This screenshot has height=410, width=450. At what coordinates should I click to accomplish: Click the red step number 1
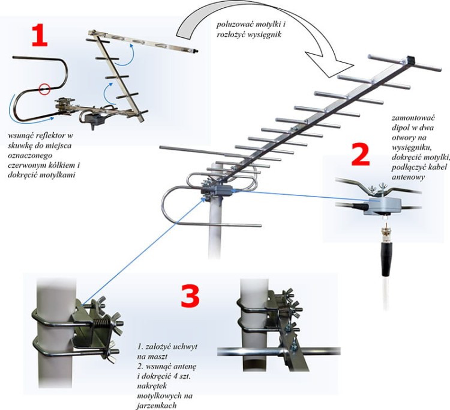pos(39,37)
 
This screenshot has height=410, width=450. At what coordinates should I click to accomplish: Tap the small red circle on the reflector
pos(43,90)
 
